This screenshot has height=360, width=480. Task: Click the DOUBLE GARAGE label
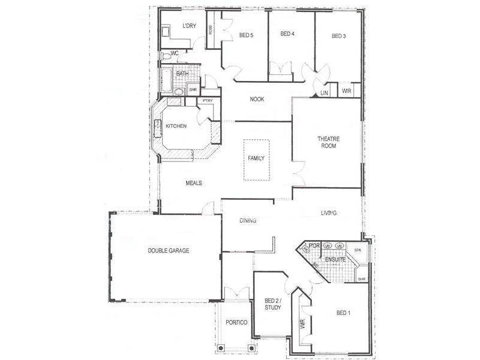pos(169,250)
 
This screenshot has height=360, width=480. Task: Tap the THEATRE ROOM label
pos(328,142)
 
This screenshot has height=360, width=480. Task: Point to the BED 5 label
pos(246,35)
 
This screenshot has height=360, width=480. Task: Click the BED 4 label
pos(287,34)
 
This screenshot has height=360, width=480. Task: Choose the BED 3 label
pos(339,36)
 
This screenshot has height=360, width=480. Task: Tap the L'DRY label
pos(189,26)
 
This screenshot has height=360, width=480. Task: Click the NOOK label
pos(257,99)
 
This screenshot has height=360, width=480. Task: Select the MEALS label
pos(193,183)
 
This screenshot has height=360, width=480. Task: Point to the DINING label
pos(248,220)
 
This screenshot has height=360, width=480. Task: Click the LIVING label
pos(328,213)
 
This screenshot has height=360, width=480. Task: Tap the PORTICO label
pos(237,322)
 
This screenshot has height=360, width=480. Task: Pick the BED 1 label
pos(343,313)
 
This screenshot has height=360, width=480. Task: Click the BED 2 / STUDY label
pos(273,304)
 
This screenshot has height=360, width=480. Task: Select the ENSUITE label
pos(334,259)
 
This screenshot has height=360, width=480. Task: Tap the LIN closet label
pos(324,92)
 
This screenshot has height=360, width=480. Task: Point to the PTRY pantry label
pos(208,100)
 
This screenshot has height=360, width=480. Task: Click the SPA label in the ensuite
pos(357,250)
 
